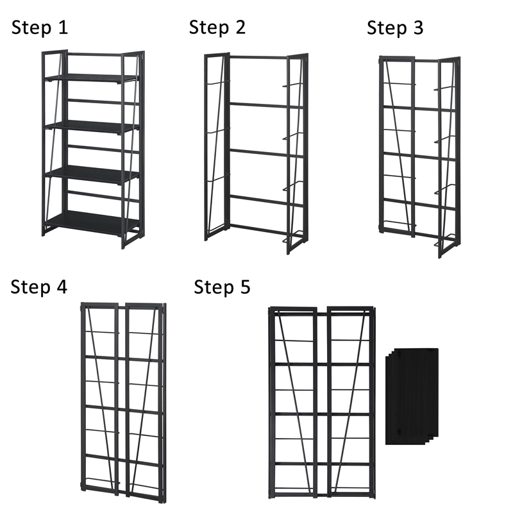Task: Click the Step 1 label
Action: point(40,28)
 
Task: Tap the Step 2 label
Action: point(217,28)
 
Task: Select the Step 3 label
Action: point(395,28)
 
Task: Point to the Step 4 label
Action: point(38,287)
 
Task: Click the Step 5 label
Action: point(222,287)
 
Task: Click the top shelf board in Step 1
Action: point(91,78)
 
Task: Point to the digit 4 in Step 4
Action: point(61,287)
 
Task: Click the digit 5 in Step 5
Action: point(244,287)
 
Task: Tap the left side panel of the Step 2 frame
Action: point(216,147)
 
